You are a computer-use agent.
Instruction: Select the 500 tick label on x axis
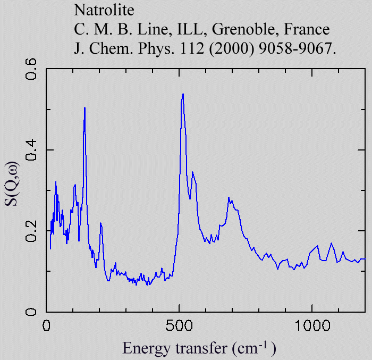179,325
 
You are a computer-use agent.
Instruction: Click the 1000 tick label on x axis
312,325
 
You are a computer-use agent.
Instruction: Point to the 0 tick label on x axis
47,325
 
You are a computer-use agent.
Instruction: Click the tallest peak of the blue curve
183,94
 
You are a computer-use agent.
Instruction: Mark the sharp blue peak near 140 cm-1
84,108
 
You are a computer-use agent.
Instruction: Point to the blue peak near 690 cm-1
229,198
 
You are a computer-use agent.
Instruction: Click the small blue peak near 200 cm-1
100,223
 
